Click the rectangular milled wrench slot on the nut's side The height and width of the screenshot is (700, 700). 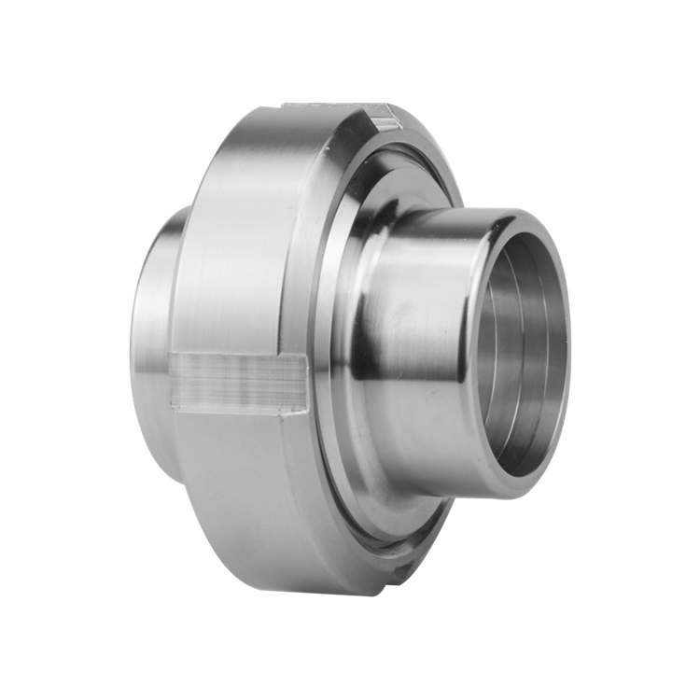pos(239,383)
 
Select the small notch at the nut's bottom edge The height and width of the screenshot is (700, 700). pos(403,567)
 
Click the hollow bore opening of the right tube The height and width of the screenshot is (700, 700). pos(518,350)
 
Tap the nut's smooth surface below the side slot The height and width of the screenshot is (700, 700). pos(243,485)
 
